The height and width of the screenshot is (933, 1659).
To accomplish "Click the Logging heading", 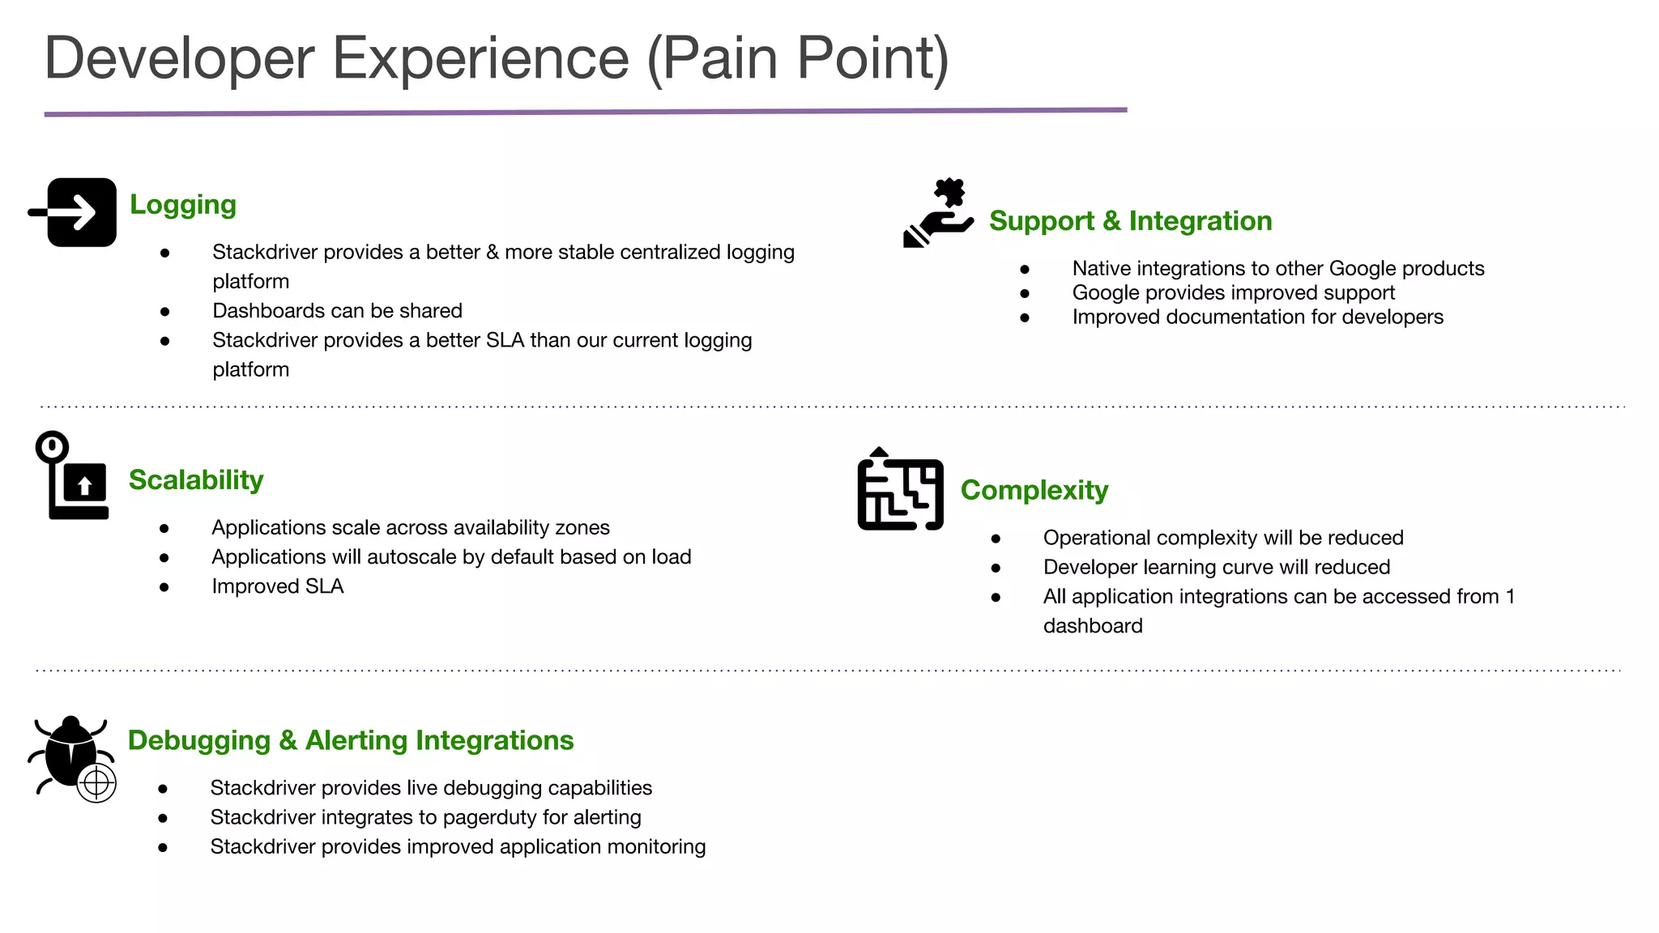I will pyautogui.click(x=182, y=205).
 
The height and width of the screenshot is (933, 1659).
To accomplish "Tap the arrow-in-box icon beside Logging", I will pyautogui.click(x=75, y=212).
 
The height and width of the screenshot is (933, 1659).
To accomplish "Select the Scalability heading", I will pyautogui.click(x=196, y=480).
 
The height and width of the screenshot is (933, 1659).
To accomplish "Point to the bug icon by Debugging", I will pyautogui.click(x=70, y=753).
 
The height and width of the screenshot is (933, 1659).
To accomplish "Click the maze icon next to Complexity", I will pyautogui.click(x=900, y=490).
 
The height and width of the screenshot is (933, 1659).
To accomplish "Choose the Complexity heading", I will pyautogui.click(x=1034, y=490).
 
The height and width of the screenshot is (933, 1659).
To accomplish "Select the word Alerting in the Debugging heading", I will pyautogui.click(x=356, y=740).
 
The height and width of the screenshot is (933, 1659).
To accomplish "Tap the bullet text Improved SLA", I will pyautogui.click(x=277, y=586).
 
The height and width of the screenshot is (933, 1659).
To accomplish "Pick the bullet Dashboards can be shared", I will pyautogui.click(x=337, y=311).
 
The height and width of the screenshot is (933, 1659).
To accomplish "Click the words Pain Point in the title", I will pyautogui.click(x=798, y=58).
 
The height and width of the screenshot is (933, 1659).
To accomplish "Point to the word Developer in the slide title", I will pyautogui.click(x=179, y=58).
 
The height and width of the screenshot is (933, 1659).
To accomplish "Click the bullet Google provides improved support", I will pyautogui.click(x=1233, y=292).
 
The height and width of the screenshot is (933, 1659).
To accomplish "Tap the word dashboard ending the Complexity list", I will pyautogui.click(x=1092, y=626).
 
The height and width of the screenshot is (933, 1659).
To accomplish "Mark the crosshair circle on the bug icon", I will pyautogui.click(x=96, y=782).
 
